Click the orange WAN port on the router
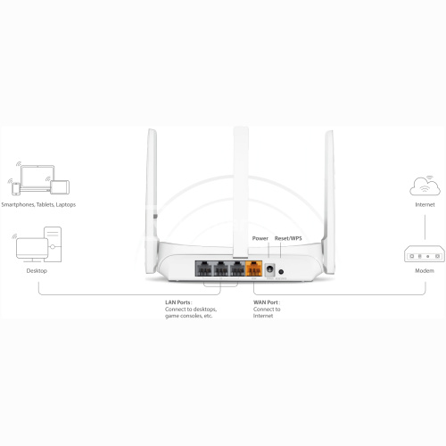tap(254, 268)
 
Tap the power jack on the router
tap(269, 270)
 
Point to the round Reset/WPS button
tap(281, 271)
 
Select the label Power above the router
tap(260, 238)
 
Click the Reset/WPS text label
tap(288, 238)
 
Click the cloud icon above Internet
tap(425, 186)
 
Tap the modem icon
tap(425, 254)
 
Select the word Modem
tap(425, 270)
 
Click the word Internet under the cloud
tap(425, 204)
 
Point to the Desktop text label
tap(37, 270)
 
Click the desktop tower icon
tap(53, 244)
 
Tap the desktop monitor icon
tap(32, 250)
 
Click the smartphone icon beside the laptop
tap(16, 188)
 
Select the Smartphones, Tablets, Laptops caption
tap(38, 204)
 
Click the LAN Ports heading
tap(178, 302)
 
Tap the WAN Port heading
tap(267, 302)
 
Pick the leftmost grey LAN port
tap(204, 268)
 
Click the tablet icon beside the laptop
tap(60, 187)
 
